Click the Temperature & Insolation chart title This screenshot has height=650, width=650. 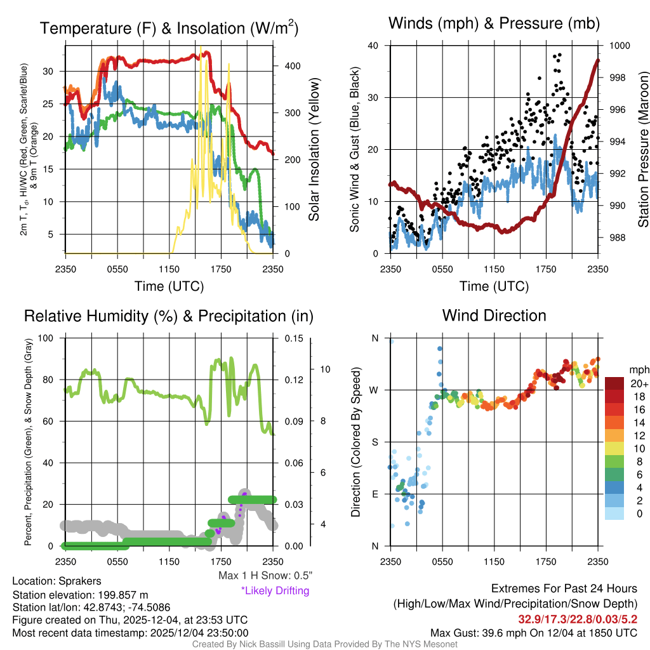(x=169, y=29)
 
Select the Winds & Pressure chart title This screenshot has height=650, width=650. (x=494, y=23)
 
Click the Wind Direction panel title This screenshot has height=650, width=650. (x=494, y=315)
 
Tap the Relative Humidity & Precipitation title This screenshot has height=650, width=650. (x=168, y=316)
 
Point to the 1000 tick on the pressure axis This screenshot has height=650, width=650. (x=619, y=46)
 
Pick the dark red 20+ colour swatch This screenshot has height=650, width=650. (x=614, y=383)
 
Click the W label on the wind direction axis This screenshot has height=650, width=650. (x=375, y=390)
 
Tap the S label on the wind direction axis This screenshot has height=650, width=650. (x=375, y=442)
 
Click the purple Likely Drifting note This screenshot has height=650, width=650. (x=275, y=590)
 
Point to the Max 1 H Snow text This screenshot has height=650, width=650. (x=265, y=576)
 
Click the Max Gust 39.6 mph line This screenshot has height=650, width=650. (x=533, y=632)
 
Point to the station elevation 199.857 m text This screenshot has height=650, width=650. (x=80, y=595)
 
